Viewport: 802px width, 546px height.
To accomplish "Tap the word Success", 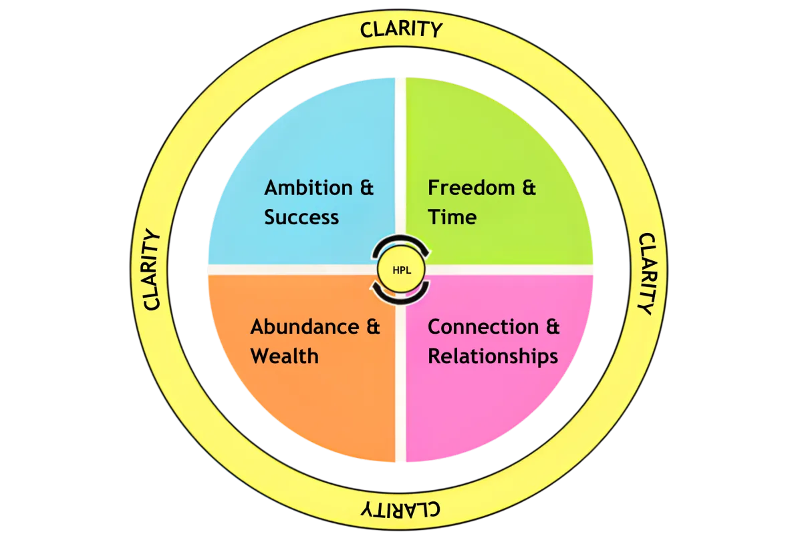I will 301,218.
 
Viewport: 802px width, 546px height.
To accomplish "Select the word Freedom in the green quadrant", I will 471,188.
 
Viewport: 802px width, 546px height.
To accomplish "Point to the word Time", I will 452,218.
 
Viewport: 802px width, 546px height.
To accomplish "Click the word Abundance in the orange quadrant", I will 304,327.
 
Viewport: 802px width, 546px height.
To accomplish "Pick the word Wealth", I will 284,356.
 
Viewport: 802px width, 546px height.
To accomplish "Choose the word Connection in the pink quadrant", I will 483,327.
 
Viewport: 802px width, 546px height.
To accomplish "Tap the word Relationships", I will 493,356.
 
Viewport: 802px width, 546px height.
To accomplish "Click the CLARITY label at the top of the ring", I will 401,30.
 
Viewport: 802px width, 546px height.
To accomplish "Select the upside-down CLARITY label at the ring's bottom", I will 401,510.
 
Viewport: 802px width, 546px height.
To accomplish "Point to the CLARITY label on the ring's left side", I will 152,270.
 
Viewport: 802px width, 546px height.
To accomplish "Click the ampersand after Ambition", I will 366,188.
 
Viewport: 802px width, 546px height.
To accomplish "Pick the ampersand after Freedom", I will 529,188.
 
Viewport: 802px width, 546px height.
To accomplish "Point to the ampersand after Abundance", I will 372,327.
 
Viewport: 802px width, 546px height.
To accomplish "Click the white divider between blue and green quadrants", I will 400,167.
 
